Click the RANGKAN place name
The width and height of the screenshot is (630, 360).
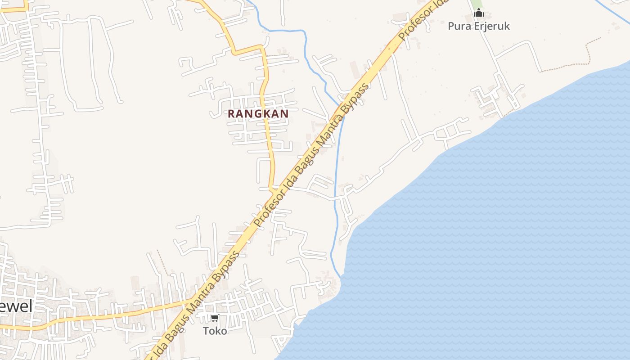point(258,114)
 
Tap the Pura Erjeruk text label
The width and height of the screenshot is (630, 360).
point(479,26)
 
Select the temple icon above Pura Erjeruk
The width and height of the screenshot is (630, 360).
point(479,13)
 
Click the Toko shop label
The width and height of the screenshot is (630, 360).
point(215,331)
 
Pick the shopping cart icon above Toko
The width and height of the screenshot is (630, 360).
point(215,318)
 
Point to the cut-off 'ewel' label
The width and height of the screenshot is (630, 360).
point(16,307)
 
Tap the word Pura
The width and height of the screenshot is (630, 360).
point(458,26)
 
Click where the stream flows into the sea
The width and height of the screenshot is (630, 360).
point(341,275)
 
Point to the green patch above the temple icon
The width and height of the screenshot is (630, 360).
point(477,4)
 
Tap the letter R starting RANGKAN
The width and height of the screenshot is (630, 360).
point(231,114)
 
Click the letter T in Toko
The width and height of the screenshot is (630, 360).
point(206,331)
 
